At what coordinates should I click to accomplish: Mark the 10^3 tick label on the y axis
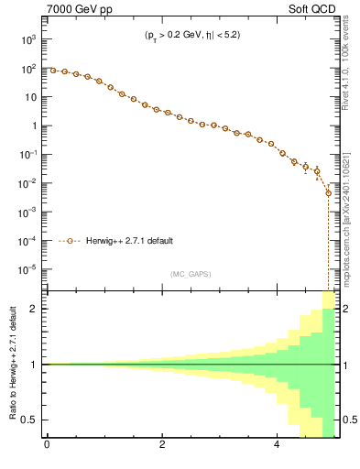29,40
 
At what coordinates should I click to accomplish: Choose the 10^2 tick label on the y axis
29,69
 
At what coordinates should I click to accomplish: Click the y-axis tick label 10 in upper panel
30,97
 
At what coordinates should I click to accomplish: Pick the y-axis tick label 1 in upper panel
34,125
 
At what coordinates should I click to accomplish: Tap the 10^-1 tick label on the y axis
28,155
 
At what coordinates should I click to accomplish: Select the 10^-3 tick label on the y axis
28,212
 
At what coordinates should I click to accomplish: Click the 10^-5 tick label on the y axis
28,269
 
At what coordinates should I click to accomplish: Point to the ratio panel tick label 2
35,309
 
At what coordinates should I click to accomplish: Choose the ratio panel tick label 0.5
30,420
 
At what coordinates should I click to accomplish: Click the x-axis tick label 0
47,447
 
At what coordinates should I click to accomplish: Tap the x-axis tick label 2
162,447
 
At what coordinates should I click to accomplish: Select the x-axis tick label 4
278,447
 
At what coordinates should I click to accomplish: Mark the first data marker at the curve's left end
53,71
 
